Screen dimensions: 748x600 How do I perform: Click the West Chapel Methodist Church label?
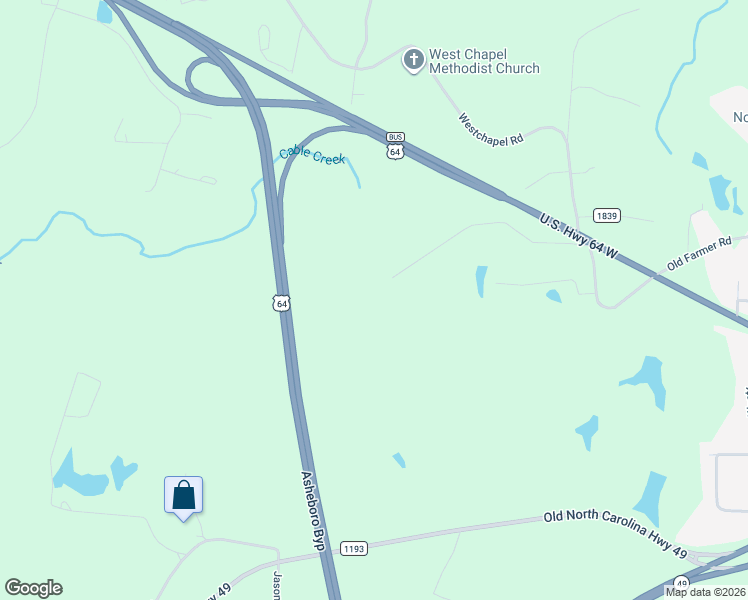484,61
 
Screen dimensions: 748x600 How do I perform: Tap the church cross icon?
413,60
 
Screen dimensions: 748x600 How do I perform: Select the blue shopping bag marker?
183,496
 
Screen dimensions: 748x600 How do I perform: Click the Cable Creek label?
312,155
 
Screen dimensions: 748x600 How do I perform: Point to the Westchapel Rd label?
491,130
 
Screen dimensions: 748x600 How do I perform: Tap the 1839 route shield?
606,215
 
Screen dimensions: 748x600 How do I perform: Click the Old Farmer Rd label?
700,254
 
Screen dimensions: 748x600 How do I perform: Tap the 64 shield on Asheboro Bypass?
282,302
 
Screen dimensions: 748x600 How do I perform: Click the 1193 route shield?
354,548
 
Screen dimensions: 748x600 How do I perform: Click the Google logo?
33,588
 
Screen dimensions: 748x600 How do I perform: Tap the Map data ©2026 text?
706,592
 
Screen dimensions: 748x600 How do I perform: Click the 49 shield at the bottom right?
681,582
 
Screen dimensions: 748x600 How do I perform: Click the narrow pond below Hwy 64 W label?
481,281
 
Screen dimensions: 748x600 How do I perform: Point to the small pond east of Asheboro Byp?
399,460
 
